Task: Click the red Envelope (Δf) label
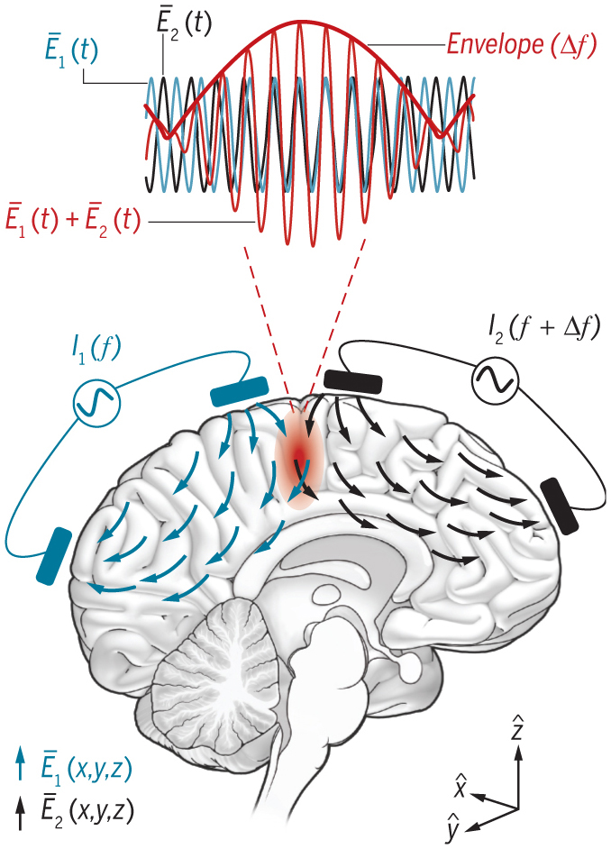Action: click(x=522, y=44)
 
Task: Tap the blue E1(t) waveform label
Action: click(x=71, y=51)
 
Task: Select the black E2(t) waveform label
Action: click(x=184, y=23)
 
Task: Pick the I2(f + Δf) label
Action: click(x=542, y=329)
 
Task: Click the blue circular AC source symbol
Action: click(x=96, y=403)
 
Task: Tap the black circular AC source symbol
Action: click(x=495, y=380)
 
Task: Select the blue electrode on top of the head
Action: click(x=239, y=391)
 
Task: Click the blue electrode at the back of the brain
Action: click(x=54, y=555)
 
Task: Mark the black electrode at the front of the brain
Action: click(x=561, y=507)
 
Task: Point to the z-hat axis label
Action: click(x=517, y=727)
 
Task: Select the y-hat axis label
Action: click(x=452, y=829)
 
